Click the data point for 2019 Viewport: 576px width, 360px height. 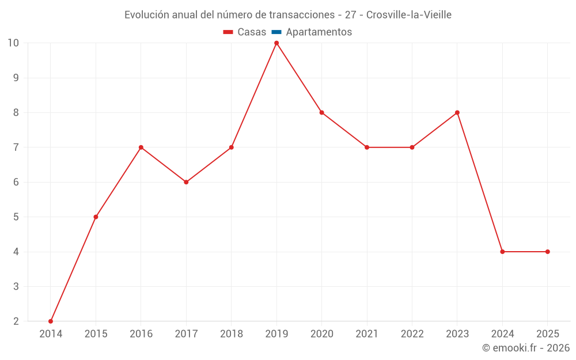[276, 43]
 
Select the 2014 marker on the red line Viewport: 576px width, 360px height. [51, 321]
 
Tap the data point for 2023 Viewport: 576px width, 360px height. [457, 112]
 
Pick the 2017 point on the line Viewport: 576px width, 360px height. [186, 182]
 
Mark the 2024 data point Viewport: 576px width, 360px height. [502, 252]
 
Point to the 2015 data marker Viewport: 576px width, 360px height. [96, 217]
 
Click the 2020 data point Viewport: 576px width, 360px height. [321, 112]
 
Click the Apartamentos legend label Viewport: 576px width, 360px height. [319, 32]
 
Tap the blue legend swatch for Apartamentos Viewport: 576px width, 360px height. [276, 32]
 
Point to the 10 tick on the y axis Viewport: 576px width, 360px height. [13, 43]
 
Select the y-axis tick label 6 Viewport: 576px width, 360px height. [16, 182]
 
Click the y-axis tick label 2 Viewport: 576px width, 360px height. [16, 321]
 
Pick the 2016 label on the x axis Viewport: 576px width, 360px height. [141, 334]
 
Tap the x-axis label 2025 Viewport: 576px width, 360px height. [547, 334]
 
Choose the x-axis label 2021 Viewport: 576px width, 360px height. [367, 334]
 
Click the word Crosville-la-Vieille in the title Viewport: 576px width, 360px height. [409, 14]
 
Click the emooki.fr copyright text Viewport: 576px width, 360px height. [526, 348]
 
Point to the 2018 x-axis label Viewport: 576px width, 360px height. [232, 334]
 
